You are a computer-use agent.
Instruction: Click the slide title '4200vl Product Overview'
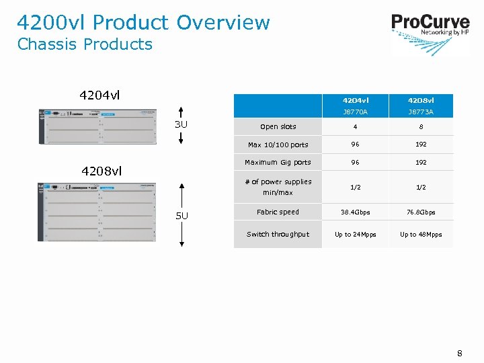143,22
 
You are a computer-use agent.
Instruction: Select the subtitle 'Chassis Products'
85,44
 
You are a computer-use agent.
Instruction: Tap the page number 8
460,353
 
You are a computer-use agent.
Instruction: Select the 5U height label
182,215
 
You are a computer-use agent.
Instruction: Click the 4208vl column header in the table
421,101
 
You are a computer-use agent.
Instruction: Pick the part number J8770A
356,112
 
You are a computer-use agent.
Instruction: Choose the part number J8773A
421,112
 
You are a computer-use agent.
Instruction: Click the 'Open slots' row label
278,126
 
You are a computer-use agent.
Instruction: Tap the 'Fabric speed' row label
278,212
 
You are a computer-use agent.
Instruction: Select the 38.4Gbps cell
356,212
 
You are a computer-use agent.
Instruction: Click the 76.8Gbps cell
421,212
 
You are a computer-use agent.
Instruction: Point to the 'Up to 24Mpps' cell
356,235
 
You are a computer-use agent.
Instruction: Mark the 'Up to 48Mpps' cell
421,235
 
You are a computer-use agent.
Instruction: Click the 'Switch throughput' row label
278,235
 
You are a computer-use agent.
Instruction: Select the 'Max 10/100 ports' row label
278,145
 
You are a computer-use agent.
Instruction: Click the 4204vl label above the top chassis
100,95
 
